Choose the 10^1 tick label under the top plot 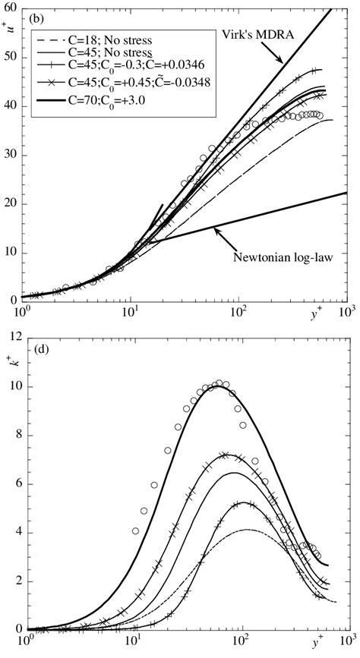(131, 313)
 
